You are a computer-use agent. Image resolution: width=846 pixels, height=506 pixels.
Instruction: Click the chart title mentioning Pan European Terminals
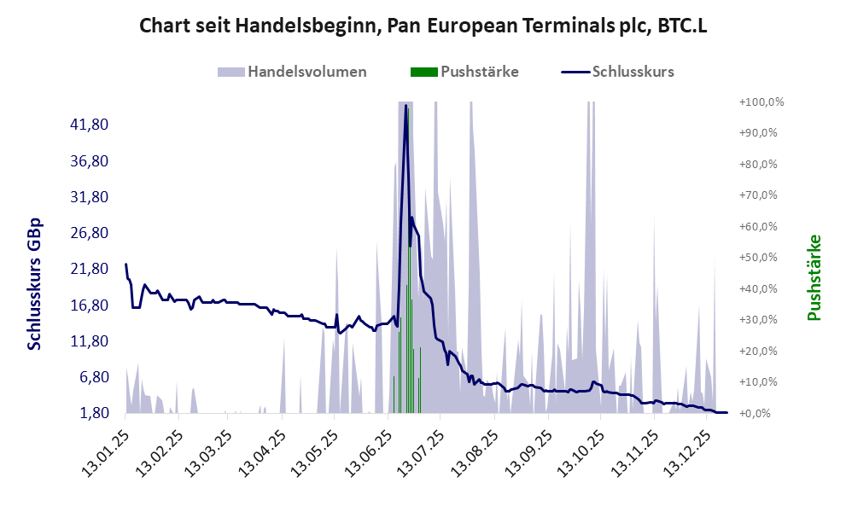coord(423,27)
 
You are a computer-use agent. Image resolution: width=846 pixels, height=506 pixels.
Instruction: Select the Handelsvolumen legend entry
coord(294,72)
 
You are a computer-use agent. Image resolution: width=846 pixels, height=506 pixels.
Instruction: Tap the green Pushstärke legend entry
coord(468,72)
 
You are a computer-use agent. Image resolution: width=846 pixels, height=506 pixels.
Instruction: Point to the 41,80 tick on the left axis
coord(89,125)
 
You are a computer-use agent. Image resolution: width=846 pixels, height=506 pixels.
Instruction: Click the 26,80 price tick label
coord(89,233)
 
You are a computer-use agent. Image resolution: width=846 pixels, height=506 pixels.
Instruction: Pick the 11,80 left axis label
coord(89,341)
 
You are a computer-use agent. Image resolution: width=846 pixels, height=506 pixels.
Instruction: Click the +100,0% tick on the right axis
coord(761,102)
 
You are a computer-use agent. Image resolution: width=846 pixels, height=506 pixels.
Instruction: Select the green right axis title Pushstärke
coord(814,277)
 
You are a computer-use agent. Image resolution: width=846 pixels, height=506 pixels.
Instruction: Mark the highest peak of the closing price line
coord(405,106)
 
